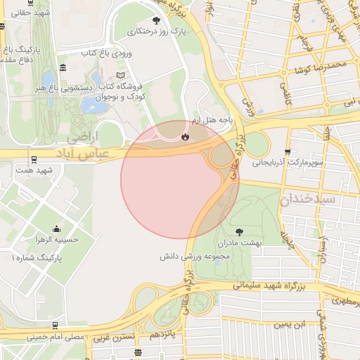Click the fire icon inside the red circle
(185, 138)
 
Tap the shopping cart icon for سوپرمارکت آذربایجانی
(288, 152)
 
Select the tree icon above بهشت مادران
(240, 231)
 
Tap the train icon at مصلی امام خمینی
(56, 324)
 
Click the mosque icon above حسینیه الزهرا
(56, 229)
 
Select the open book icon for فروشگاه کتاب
(120, 75)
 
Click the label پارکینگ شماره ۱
(36, 259)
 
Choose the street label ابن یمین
(292, 324)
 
